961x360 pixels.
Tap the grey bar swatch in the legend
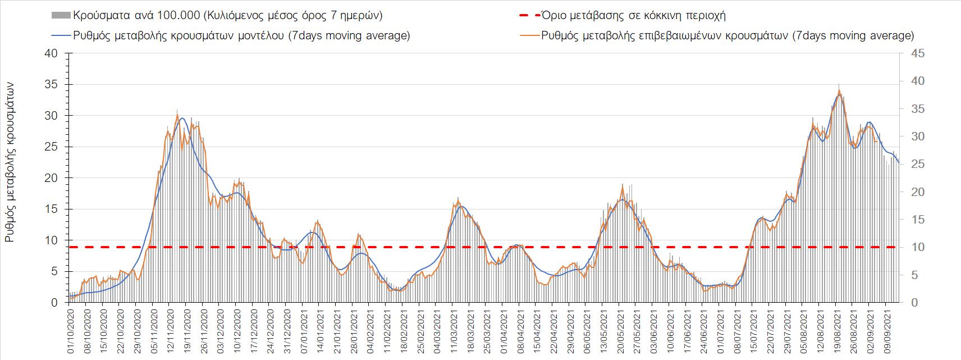61,16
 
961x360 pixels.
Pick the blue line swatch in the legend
61,35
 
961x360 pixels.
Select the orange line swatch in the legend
530,35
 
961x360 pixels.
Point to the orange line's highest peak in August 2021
839,90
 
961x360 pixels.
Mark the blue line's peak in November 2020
182,118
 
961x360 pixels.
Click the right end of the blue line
899,163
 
